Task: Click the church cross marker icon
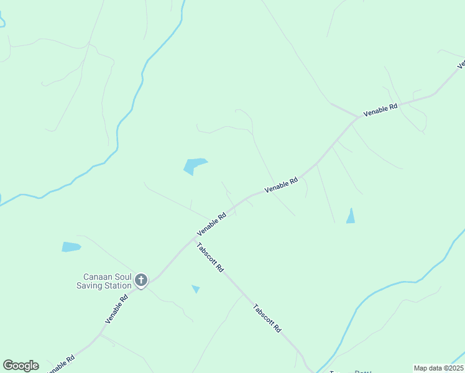coord(141,280)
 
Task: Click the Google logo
coord(21,366)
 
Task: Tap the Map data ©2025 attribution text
coord(438,368)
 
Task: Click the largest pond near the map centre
coord(193,165)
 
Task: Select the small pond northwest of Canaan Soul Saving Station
coord(71,247)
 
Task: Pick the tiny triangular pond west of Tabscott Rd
coord(196,288)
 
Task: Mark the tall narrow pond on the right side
coord(351,216)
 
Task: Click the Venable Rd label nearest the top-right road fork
coord(380,111)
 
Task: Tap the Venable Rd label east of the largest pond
coord(281,185)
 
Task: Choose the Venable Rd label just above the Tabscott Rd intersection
coord(211,224)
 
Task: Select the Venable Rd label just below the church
coord(116,308)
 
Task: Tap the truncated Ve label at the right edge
coord(461,63)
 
